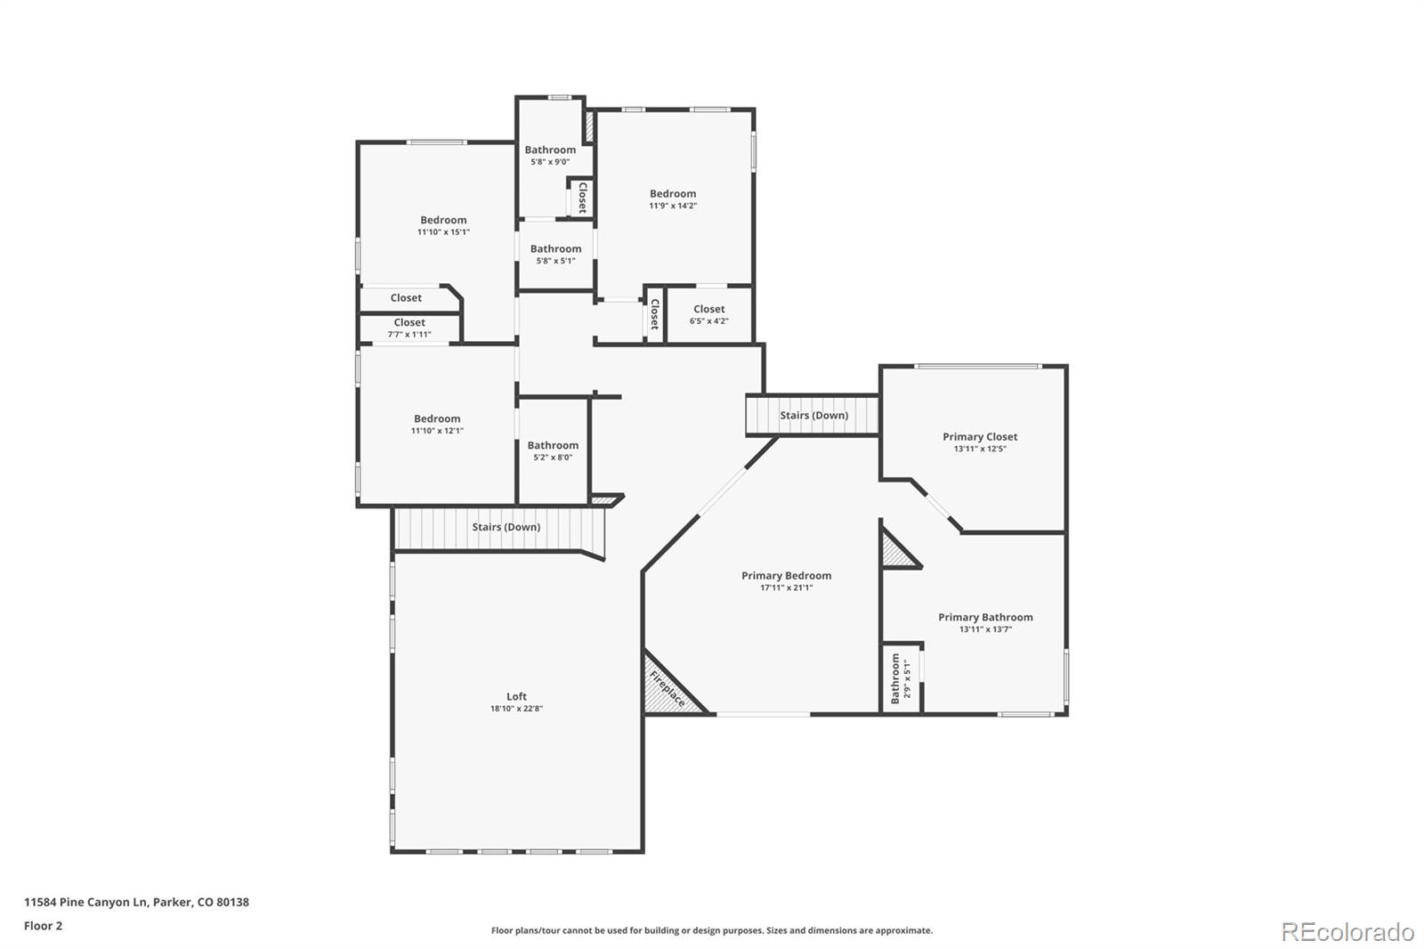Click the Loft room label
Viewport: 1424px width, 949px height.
click(x=516, y=697)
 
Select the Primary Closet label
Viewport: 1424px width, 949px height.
click(x=980, y=437)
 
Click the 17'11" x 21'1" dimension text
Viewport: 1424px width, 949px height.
click(x=786, y=588)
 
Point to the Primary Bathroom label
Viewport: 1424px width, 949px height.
click(x=985, y=617)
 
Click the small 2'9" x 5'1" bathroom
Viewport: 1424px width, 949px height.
click(x=901, y=678)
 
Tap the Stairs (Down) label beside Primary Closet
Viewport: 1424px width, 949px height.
click(x=813, y=416)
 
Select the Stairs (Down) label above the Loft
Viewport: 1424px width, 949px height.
click(x=506, y=527)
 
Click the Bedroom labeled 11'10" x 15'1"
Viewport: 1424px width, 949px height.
click(x=443, y=221)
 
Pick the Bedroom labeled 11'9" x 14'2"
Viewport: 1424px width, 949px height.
click(x=673, y=194)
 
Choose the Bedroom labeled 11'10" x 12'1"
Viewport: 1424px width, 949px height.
click(x=437, y=419)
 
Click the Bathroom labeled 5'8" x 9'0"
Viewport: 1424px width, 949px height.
click(x=550, y=150)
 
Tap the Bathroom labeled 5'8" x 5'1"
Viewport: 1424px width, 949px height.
click(x=555, y=249)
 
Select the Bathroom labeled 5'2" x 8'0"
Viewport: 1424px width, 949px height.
click(x=553, y=445)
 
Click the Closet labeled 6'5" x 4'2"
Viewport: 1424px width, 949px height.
click(x=709, y=310)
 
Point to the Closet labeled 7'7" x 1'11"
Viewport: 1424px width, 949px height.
click(x=409, y=323)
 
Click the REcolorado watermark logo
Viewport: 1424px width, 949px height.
click(x=1347, y=932)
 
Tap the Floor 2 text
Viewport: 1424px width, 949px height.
click(x=43, y=926)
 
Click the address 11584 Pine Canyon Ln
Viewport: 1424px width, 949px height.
click(x=85, y=902)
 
